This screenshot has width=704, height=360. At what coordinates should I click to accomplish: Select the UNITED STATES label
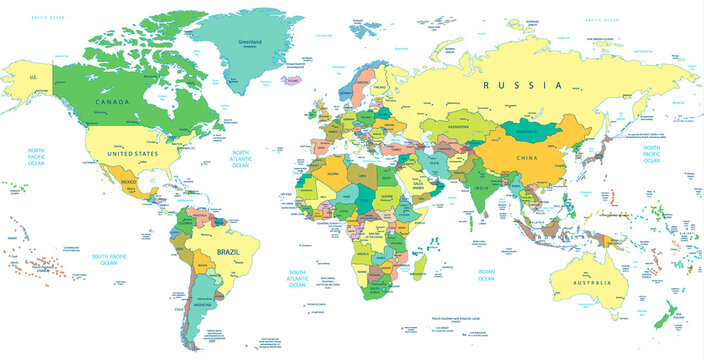tap(133, 155)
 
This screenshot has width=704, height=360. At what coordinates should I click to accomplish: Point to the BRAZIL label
tap(229, 253)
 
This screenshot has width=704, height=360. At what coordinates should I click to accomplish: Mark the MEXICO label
tap(128, 186)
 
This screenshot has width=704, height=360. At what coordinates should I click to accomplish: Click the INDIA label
tap(482, 187)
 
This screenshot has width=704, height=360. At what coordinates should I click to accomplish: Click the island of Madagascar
tap(423, 266)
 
